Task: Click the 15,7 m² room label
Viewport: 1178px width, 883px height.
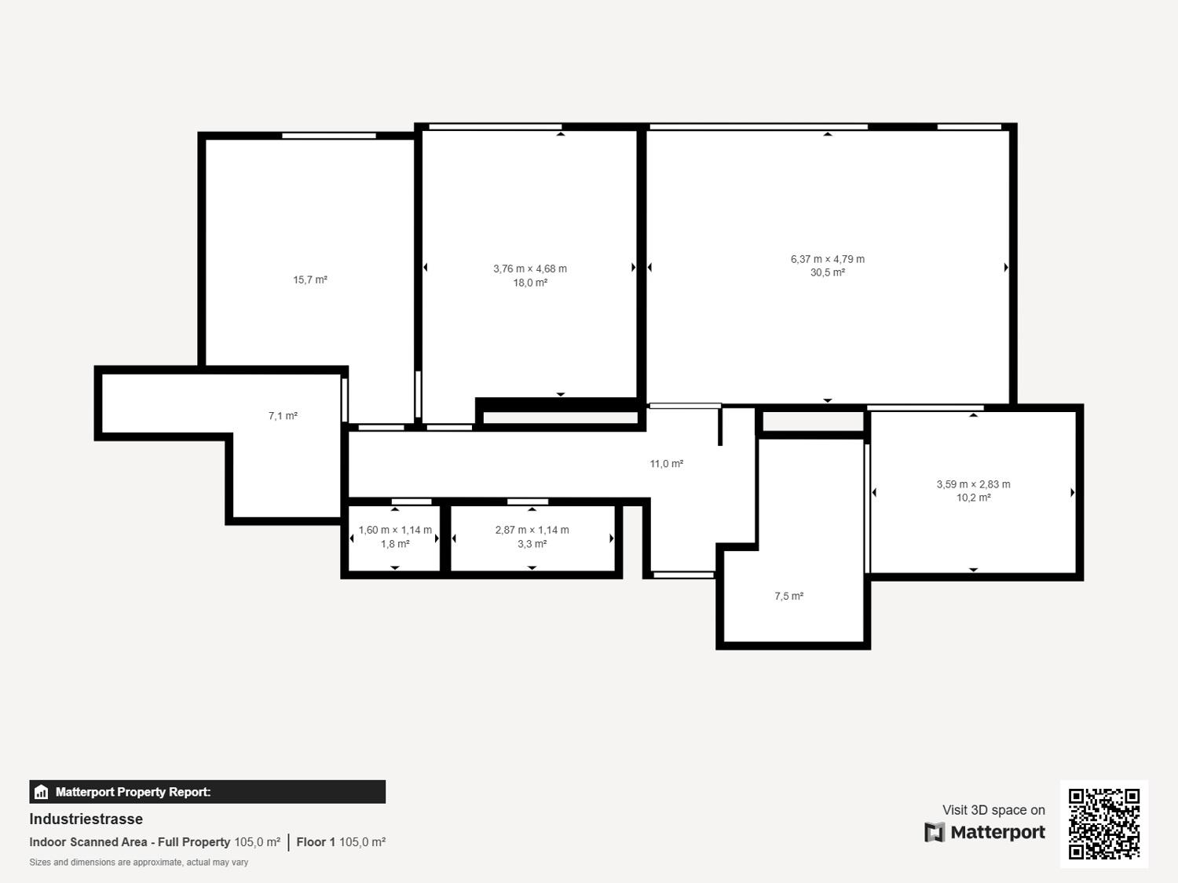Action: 309,280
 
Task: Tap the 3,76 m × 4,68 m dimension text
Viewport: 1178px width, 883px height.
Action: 529,268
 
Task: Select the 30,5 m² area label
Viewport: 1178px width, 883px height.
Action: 827,272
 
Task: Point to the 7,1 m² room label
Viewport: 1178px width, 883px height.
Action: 283,416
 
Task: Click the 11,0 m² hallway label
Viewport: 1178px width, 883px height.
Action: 666,464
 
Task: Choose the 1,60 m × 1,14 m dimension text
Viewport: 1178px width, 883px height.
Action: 395,531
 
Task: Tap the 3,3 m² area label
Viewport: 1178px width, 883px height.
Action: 532,544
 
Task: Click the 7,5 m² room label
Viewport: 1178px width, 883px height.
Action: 788,597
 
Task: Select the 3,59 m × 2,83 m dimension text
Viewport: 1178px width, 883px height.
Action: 973,484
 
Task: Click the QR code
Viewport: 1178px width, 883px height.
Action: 1104,824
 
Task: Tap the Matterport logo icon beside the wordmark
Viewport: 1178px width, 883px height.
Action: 935,832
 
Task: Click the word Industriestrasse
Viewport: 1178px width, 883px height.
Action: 86,819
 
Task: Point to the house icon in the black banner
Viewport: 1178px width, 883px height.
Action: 42,792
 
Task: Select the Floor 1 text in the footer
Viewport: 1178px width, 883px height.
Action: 316,842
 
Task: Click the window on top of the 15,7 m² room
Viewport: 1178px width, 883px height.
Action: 329,136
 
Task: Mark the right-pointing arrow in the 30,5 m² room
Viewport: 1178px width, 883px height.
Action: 1006,267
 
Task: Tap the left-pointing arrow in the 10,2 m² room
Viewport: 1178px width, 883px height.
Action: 874,492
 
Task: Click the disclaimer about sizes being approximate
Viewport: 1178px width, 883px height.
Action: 138,863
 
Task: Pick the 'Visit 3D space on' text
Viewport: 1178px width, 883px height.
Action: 993,810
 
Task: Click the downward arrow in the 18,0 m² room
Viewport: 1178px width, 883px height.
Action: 560,394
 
